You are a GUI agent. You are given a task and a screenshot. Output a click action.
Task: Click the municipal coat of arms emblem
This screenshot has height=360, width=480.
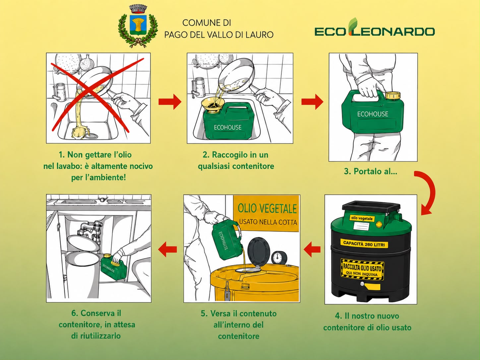[x=138, y=26]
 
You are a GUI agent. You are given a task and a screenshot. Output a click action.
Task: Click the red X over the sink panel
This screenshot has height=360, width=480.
[x=97, y=95]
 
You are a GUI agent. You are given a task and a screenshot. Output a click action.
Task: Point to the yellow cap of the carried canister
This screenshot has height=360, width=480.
[x=393, y=95]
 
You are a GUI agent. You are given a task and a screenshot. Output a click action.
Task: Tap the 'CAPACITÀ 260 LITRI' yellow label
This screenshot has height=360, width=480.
[x=364, y=244]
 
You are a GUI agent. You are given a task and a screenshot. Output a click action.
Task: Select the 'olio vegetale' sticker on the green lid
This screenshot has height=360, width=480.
[x=362, y=218]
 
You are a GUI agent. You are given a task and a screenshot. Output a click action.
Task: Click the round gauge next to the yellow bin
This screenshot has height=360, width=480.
[x=279, y=258]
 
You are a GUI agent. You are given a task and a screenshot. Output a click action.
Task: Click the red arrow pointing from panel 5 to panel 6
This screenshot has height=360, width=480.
[x=167, y=249]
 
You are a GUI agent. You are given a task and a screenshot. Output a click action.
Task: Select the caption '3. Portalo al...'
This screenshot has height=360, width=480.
[x=371, y=171]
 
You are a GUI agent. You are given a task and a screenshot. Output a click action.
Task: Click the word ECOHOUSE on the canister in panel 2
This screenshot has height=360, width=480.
[x=228, y=127]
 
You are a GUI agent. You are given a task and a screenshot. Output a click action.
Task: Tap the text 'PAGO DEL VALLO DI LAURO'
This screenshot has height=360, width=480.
[x=219, y=34]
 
